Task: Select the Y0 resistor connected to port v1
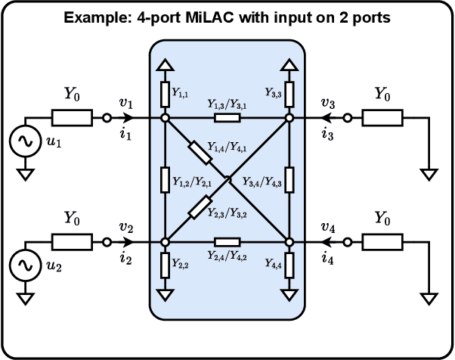(72, 118)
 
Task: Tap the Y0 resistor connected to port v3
(382, 118)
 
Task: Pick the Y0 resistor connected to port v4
(382, 242)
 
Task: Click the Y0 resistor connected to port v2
(72, 242)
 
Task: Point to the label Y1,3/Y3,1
(227, 106)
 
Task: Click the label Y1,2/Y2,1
(190, 182)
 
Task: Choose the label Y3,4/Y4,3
(262, 182)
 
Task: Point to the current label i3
(327, 135)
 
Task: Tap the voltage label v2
(127, 227)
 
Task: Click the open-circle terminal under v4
(348, 242)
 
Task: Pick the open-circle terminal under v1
(107, 118)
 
